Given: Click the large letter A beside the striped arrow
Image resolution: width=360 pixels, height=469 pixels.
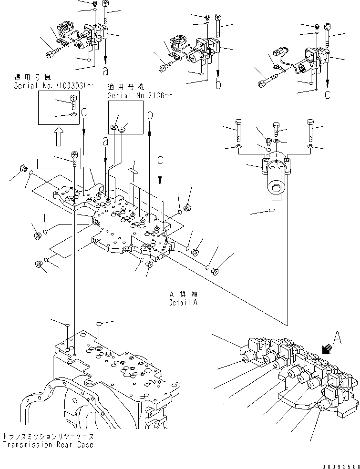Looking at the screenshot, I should (x=337, y=338).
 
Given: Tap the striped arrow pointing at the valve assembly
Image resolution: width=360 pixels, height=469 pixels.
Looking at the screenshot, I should (x=328, y=350).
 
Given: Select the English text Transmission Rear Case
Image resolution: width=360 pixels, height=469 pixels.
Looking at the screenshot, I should (x=47, y=445).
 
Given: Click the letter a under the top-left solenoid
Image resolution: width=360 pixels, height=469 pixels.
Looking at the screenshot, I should (x=105, y=71).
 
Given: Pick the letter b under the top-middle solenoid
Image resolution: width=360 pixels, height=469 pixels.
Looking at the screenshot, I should (x=218, y=85).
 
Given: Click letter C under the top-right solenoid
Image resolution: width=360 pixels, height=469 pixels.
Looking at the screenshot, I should (x=327, y=95).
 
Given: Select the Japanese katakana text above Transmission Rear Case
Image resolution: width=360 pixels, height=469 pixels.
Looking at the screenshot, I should (x=47, y=436).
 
